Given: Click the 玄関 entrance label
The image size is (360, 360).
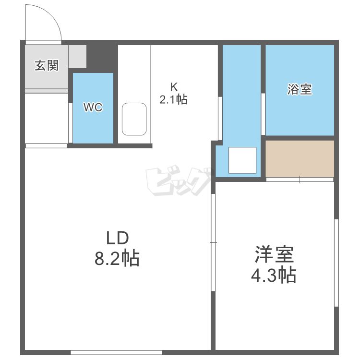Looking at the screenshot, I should coord(46,66).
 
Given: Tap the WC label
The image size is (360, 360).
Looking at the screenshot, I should coord(93,108).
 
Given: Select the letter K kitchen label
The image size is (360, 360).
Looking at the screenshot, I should coord(173,87).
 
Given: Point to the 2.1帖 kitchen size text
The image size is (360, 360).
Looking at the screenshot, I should coord(173,99).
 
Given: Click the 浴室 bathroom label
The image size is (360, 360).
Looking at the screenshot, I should coord(300,89).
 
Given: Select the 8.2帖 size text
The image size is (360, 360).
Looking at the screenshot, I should coord(117,259).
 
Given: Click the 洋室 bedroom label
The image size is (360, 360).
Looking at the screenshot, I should coord(274,254).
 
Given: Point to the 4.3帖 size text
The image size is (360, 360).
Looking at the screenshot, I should coord(274,275).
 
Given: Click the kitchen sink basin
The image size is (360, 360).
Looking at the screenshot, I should coord(134,119).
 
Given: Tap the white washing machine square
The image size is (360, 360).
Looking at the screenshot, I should coord(242,160).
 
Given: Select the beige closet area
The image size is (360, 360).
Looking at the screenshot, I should coord(300,158).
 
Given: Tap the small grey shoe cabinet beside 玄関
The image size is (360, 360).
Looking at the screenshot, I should coord(77,56).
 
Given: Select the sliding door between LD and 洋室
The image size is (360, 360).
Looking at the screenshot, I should coord(213,242).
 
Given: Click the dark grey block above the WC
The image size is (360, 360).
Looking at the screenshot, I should coord(102,58).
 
